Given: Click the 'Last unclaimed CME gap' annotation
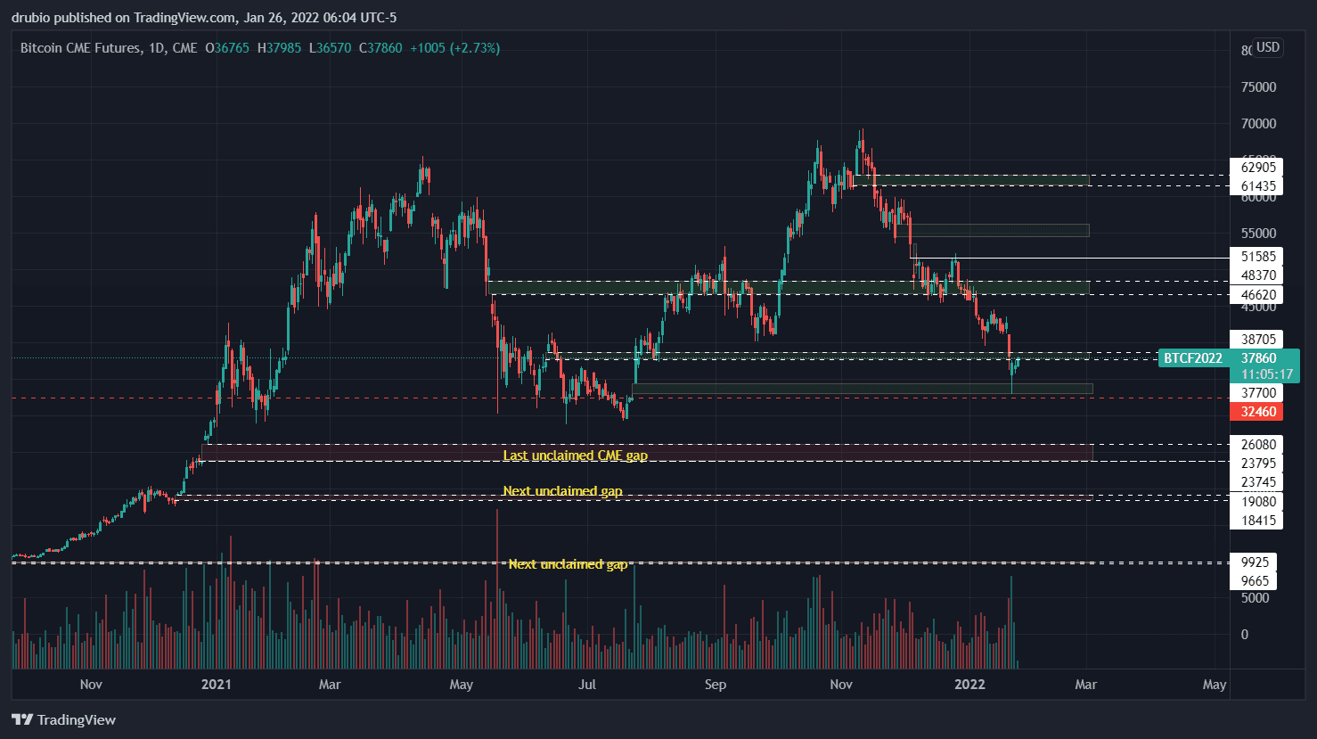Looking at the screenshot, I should (575, 456).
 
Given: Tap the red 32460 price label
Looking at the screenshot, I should (1258, 412).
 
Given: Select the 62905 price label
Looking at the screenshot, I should (1258, 167).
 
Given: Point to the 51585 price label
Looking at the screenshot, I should (1258, 256).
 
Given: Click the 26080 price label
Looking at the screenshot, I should (1258, 444).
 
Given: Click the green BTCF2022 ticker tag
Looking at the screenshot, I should (1193, 358).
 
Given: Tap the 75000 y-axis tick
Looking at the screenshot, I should (1258, 86).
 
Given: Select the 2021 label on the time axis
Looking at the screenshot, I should (217, 685).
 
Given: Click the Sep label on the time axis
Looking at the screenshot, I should (716, 685).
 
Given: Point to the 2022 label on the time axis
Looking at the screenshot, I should (969, 685).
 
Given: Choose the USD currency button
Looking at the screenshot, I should (1268, 47).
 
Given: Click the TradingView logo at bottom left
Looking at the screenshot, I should (64, 719).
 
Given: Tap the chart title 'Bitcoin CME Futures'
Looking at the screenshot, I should (80, 48).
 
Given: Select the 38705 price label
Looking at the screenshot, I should (1258, 339).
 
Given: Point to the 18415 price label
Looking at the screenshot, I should (1258, 521).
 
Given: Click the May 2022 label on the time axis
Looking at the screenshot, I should (1215, 685).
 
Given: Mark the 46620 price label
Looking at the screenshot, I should (1258, 295).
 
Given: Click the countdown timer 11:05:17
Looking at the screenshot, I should (1266, 374).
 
